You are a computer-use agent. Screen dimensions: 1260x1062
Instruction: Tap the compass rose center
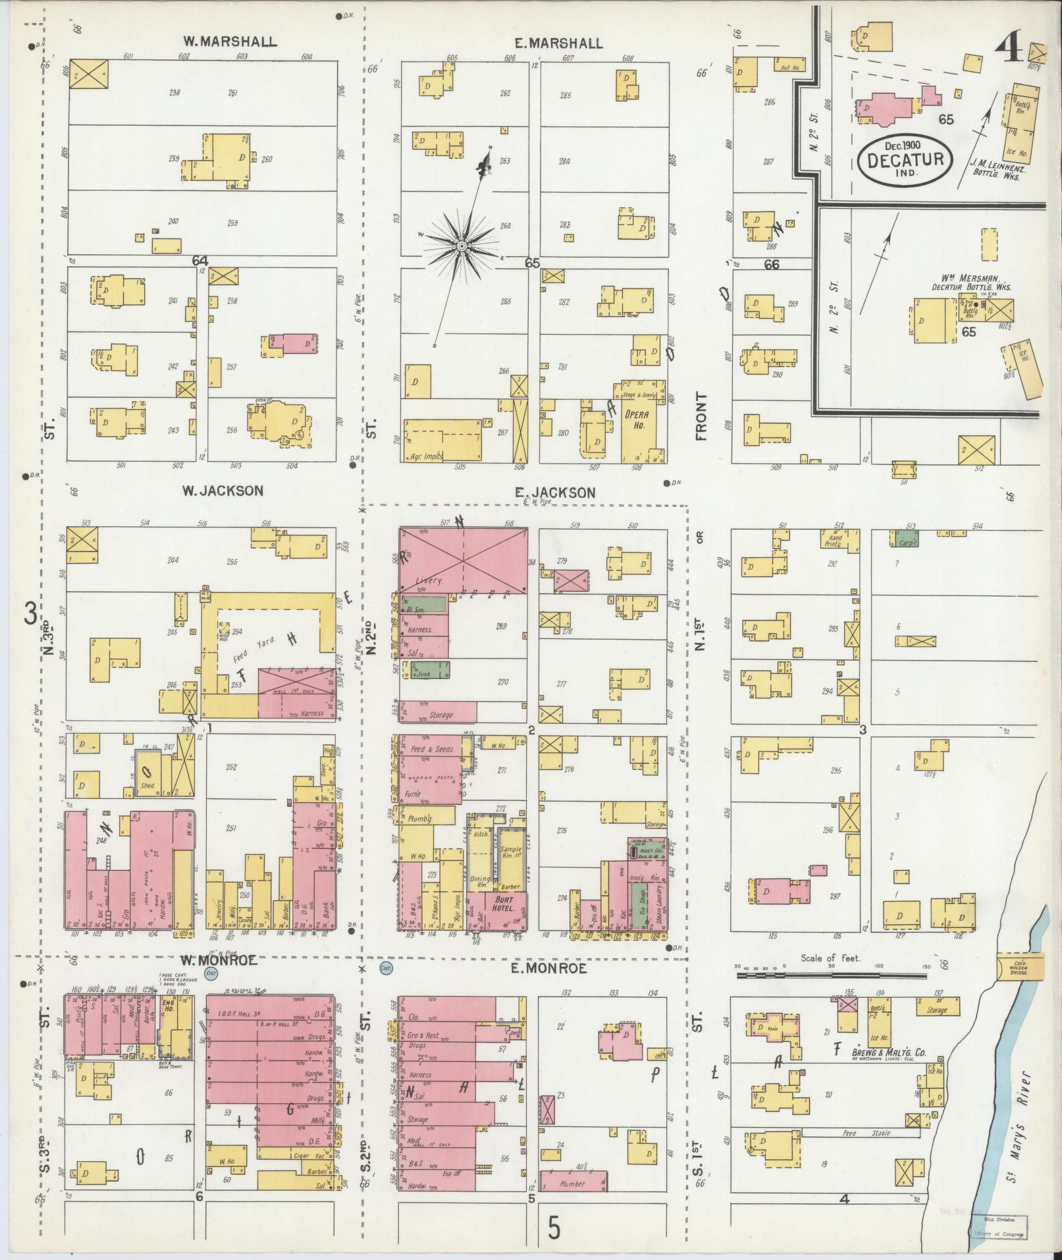click(462, 246)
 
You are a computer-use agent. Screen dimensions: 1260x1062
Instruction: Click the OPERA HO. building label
click(636, 420)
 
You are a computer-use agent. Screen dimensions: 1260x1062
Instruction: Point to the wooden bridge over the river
click(1019, 966)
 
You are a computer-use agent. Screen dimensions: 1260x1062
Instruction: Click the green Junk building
click(431, 671)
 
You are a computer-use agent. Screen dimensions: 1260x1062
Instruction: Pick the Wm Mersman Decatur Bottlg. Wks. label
click(970, 282)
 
